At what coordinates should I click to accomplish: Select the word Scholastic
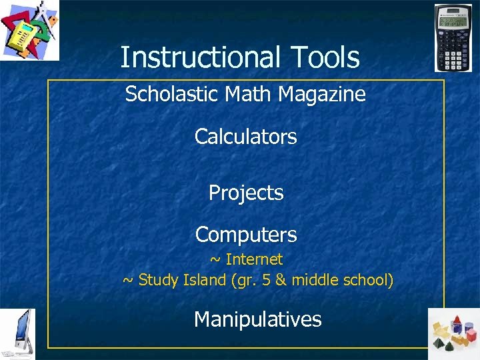164,95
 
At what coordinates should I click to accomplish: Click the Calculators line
245,137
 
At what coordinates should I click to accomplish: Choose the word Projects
245,193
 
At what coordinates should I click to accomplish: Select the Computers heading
245,235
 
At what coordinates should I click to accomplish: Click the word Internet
254,259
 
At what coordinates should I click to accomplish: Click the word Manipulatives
257,319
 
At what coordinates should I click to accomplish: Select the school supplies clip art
29,29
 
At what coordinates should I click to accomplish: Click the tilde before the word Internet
216,259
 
